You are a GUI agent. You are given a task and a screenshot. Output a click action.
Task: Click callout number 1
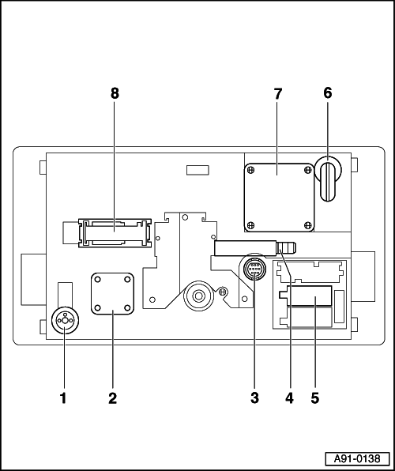(63, 398)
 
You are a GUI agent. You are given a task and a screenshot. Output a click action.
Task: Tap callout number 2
(113, 398)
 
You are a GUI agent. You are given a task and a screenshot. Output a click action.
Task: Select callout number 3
(254, 398)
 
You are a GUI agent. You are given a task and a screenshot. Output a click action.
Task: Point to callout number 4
(289, 398)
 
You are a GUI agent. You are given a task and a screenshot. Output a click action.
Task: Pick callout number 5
(314, 398)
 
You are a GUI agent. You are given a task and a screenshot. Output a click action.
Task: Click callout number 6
(327, 93)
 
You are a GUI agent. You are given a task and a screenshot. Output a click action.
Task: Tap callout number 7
(278, 94)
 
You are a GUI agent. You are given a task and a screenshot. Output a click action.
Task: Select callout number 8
(115, 93)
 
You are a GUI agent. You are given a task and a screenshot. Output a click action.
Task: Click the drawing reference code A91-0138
(357, 458)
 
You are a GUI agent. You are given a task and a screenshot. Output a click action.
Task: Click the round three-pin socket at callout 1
(65, 321)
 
